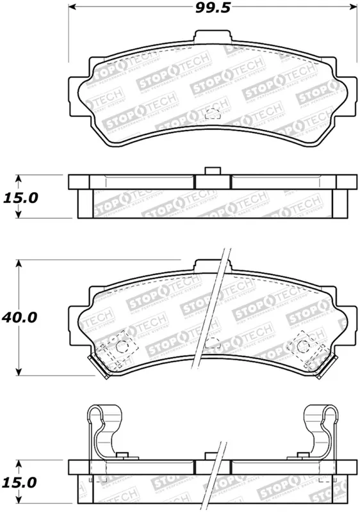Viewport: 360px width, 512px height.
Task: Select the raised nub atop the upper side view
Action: [212, 171]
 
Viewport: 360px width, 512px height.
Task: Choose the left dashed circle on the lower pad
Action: [126, 345]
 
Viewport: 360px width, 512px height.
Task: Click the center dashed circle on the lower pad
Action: [212, 344]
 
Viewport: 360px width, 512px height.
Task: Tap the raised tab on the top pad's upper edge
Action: [212, 42]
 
